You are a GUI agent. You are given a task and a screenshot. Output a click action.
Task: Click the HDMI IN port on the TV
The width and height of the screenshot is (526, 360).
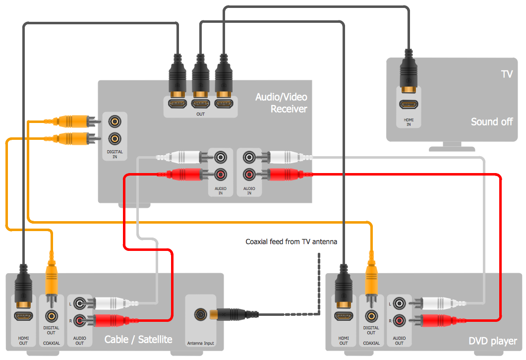tap(409, 105)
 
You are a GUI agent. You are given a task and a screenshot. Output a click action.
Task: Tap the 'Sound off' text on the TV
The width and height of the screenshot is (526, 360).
tap(491, 121)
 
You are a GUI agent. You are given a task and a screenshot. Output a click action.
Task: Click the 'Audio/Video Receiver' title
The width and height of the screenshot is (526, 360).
tap(281, 103)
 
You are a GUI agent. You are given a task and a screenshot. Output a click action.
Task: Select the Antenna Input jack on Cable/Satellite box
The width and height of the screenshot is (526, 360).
tap(201, 314)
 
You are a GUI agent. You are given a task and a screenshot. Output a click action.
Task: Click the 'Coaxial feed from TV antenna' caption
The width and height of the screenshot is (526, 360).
tap(292, 242)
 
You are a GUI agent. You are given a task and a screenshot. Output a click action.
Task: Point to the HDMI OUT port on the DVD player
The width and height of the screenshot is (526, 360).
tap(344, 315)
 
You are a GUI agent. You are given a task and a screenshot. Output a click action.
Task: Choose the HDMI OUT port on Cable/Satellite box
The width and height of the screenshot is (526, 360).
tap(23, 315)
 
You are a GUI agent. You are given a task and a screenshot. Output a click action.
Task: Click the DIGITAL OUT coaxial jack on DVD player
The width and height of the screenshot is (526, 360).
tap(371, 315)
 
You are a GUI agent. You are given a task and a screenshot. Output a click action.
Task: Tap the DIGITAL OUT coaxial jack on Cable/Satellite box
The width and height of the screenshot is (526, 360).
tap(51, 315)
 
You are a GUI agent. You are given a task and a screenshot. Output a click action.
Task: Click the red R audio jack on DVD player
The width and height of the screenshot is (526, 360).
tap(400, 320)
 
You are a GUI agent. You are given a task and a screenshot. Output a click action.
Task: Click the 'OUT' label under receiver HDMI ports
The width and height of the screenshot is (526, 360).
tap(200, 114)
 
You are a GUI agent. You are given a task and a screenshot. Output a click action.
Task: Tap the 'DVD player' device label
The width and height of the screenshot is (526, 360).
tap(493, 341)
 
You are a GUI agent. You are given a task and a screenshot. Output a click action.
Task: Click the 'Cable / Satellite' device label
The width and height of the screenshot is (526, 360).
tap(138, 340)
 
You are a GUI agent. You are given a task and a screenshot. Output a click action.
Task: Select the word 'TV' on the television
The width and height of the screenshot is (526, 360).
tap(506, 74)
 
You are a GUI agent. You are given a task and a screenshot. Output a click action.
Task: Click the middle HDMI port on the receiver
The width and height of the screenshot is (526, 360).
tap(200, 104)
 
